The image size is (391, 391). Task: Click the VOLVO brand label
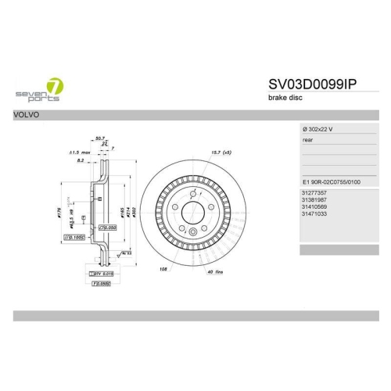point(26,113)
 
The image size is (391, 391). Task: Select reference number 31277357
point(314,192)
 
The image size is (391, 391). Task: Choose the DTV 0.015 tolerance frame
point(102,274)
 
